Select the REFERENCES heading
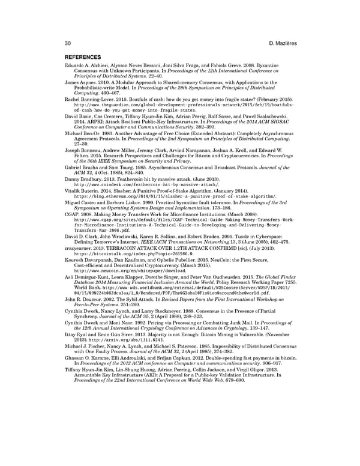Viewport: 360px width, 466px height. (x=84, y=58)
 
